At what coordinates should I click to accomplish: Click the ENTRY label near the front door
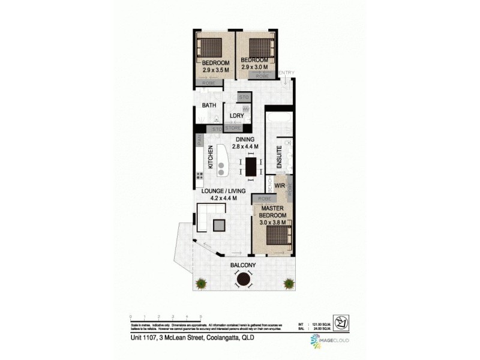(x=286, y=73)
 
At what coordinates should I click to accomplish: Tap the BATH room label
(x=209, y=106)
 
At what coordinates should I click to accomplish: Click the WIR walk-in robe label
(x=279, y=185)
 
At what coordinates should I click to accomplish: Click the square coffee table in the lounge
(x=220, y=225)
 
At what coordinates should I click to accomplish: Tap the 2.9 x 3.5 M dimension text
(x=215, y=70)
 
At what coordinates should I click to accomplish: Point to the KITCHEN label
(x=211, y=157)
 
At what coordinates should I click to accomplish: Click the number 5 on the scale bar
(x=200, y=316)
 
